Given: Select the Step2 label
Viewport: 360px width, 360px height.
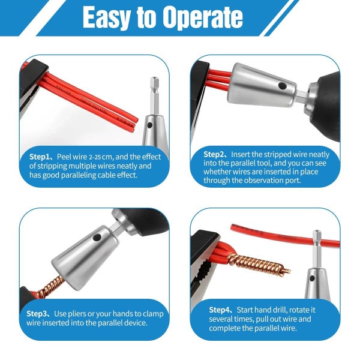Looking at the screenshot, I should tap(215, 154).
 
